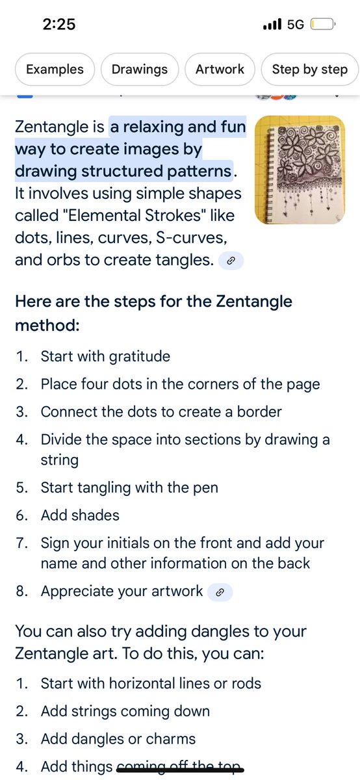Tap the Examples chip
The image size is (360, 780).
55,70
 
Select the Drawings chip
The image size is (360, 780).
139,70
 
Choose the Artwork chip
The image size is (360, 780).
220,70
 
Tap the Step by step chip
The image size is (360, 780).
309,70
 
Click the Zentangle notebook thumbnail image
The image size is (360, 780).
300,170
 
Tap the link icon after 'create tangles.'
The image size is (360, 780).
230,261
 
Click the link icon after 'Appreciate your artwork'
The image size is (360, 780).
220,592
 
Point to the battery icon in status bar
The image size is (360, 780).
322,25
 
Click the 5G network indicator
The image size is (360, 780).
295,25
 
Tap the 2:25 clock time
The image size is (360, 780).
59,25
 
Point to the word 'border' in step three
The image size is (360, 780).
261,412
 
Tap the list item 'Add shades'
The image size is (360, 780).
80,515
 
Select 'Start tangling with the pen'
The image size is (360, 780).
129,487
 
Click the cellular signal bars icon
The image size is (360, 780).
272,25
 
